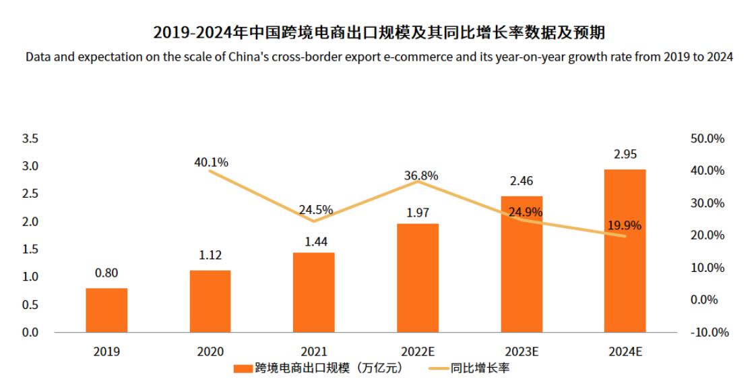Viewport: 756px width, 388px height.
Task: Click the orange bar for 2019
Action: click(106, 310)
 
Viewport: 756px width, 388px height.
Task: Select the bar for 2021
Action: click(314, 292)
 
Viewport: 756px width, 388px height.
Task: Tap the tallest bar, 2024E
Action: click(625, 250)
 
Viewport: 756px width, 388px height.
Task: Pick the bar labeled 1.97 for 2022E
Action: click(418, 277)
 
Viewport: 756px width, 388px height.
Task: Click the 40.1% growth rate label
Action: click(211, 162)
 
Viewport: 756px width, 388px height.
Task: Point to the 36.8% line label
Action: click(421, 175)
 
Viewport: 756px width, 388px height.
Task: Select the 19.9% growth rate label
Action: click(625, 225)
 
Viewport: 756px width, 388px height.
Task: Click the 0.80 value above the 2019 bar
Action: click(106, 273)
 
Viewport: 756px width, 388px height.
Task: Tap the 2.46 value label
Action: click(522, 181)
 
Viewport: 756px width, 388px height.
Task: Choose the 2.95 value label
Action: click(625, 154)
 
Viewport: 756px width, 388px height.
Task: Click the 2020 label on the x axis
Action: click(210, 352)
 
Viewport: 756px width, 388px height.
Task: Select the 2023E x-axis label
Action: click(522, 352)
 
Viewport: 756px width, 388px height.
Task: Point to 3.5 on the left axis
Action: click(31, 138)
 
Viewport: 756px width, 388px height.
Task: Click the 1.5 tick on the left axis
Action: click(31, 249)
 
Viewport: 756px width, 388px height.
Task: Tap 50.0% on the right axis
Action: click(708, 138)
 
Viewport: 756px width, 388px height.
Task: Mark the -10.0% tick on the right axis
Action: click(707, 333)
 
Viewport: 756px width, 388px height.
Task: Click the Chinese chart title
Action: click(379, 32)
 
